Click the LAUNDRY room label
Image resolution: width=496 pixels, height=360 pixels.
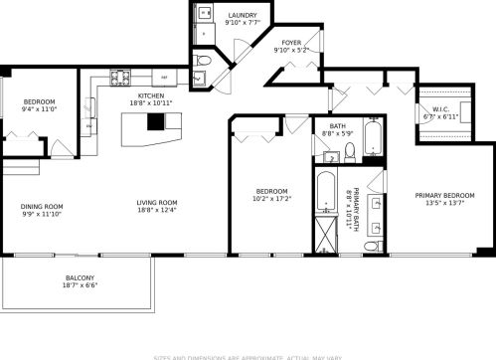[242, 16]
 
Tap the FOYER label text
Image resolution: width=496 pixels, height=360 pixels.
[290, 43]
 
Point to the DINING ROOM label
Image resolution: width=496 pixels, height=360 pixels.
[41, 207]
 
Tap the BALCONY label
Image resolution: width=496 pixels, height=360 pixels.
[81, 278]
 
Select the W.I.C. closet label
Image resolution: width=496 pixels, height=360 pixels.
[436, 110]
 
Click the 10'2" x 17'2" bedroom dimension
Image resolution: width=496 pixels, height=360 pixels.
[271, 200]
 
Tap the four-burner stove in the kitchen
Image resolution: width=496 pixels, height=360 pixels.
[120, 76]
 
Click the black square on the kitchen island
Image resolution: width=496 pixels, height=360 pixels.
[154, 122]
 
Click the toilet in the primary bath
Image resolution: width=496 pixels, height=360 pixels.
[370, 245]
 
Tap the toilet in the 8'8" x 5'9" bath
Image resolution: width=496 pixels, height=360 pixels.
[350, 152]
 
